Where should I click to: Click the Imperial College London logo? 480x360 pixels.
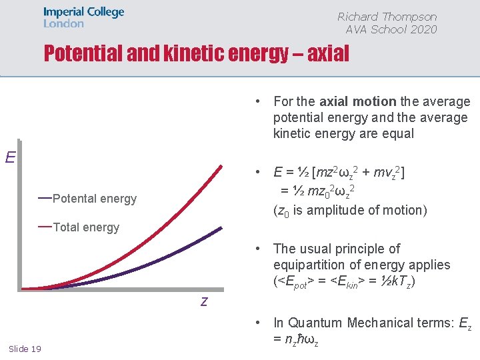[83, 17]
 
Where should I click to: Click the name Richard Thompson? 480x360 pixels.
[387, 17]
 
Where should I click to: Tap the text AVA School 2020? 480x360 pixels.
[391, 29]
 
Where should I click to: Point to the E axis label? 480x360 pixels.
[11, 157]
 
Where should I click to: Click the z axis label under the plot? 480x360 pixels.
[204, 301]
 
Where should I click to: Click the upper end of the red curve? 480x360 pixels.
[220, 165]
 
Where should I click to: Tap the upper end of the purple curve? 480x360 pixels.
[221, 228]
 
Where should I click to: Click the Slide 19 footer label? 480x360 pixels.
[25, 349]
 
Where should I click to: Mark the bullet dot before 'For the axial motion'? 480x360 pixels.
[256, 101]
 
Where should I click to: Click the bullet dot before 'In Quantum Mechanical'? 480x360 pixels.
[256, 323]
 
